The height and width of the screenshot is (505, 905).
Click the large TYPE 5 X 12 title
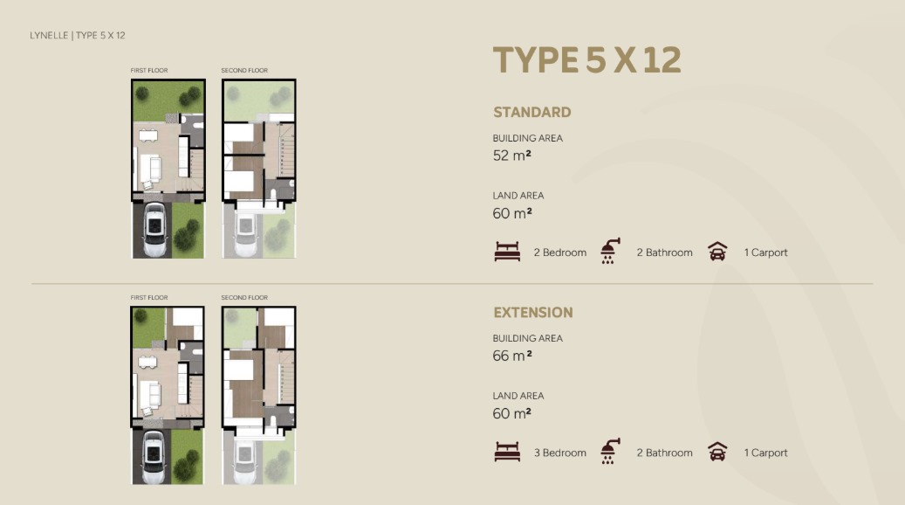[x=587, y=60]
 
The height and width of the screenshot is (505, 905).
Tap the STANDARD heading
[x=532, y=112]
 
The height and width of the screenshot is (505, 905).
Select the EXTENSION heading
[x=533, y=313]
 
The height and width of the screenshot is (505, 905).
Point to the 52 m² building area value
[x=512, y=156]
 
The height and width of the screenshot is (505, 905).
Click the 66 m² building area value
[x=512, y=356]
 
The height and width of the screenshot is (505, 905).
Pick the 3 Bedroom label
[x=560, y=453]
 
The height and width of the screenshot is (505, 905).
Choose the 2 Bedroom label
[x=560, y=252]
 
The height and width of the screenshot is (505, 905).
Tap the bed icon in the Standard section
[x=507, y=252]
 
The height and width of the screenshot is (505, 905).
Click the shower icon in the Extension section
[x=610, y=451]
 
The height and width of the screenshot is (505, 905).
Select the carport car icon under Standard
[x=717, y=252]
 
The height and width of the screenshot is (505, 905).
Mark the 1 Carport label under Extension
[x=765, y=453]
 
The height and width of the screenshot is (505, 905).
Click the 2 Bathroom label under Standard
[x=664, y=252]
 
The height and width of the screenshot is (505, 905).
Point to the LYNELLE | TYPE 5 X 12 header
[x=78, y=35]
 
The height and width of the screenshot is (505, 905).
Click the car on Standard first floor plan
[x=154, y=230]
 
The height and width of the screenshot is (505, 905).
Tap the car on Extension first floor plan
[x=154, y=456]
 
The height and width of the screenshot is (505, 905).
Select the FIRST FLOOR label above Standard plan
[x=149, y=71]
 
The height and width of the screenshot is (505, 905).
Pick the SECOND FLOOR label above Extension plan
[x=244, y=298]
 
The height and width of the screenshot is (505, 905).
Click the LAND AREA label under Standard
[x=518, y=196]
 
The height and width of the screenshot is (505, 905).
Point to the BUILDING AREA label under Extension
[x=527, y=339]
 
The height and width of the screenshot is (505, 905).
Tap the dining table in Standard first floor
[x=148, y=135]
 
